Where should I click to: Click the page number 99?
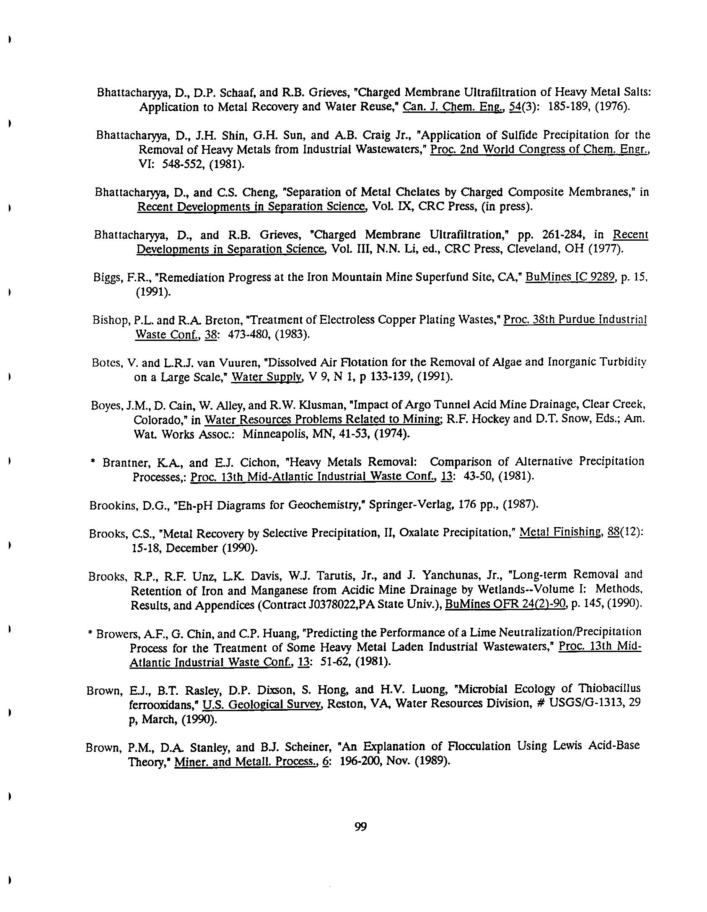(360, 827)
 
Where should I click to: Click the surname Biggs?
(105, 278)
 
